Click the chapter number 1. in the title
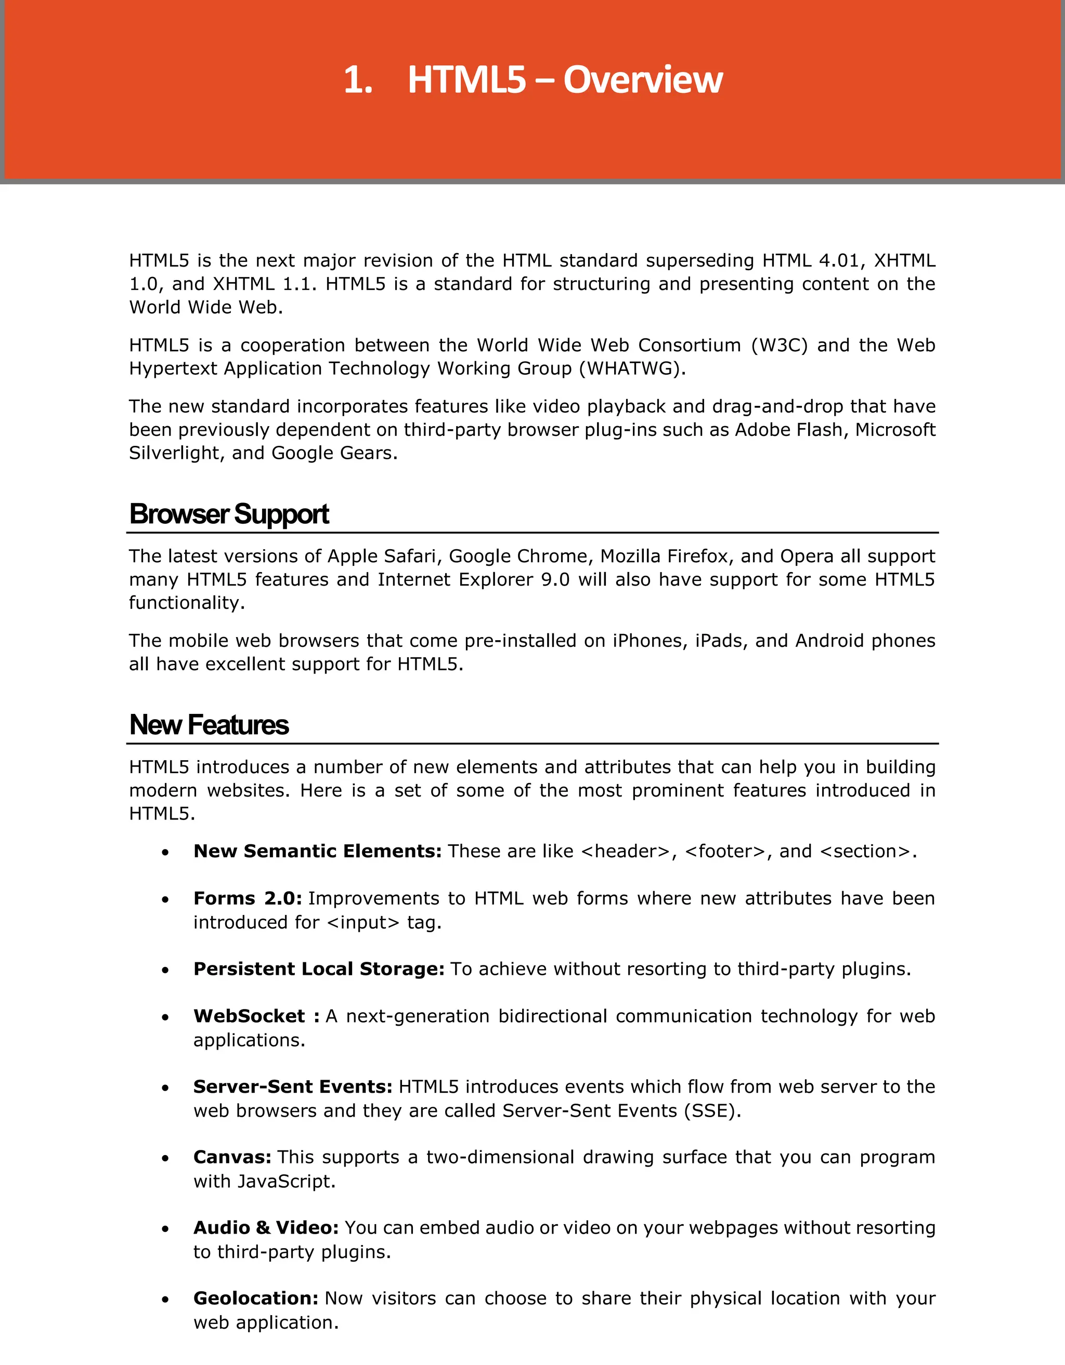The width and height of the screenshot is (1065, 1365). [358, 80]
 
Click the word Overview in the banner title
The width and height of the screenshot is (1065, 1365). [643, 80]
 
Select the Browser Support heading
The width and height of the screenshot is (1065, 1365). [229, 514]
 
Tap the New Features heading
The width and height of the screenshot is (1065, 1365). [209, 725]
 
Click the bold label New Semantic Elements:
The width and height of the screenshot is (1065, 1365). [318, 851]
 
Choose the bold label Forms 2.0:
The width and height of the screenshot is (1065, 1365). [248, 899]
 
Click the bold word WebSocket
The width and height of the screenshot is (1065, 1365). [249, 1016]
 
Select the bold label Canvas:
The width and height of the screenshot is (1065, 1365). [232, 1158]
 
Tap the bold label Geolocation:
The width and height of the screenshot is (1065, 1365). [256, 1298]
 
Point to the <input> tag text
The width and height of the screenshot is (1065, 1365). [362, 922]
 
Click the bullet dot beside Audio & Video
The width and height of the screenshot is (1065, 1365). [165, 1229]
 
